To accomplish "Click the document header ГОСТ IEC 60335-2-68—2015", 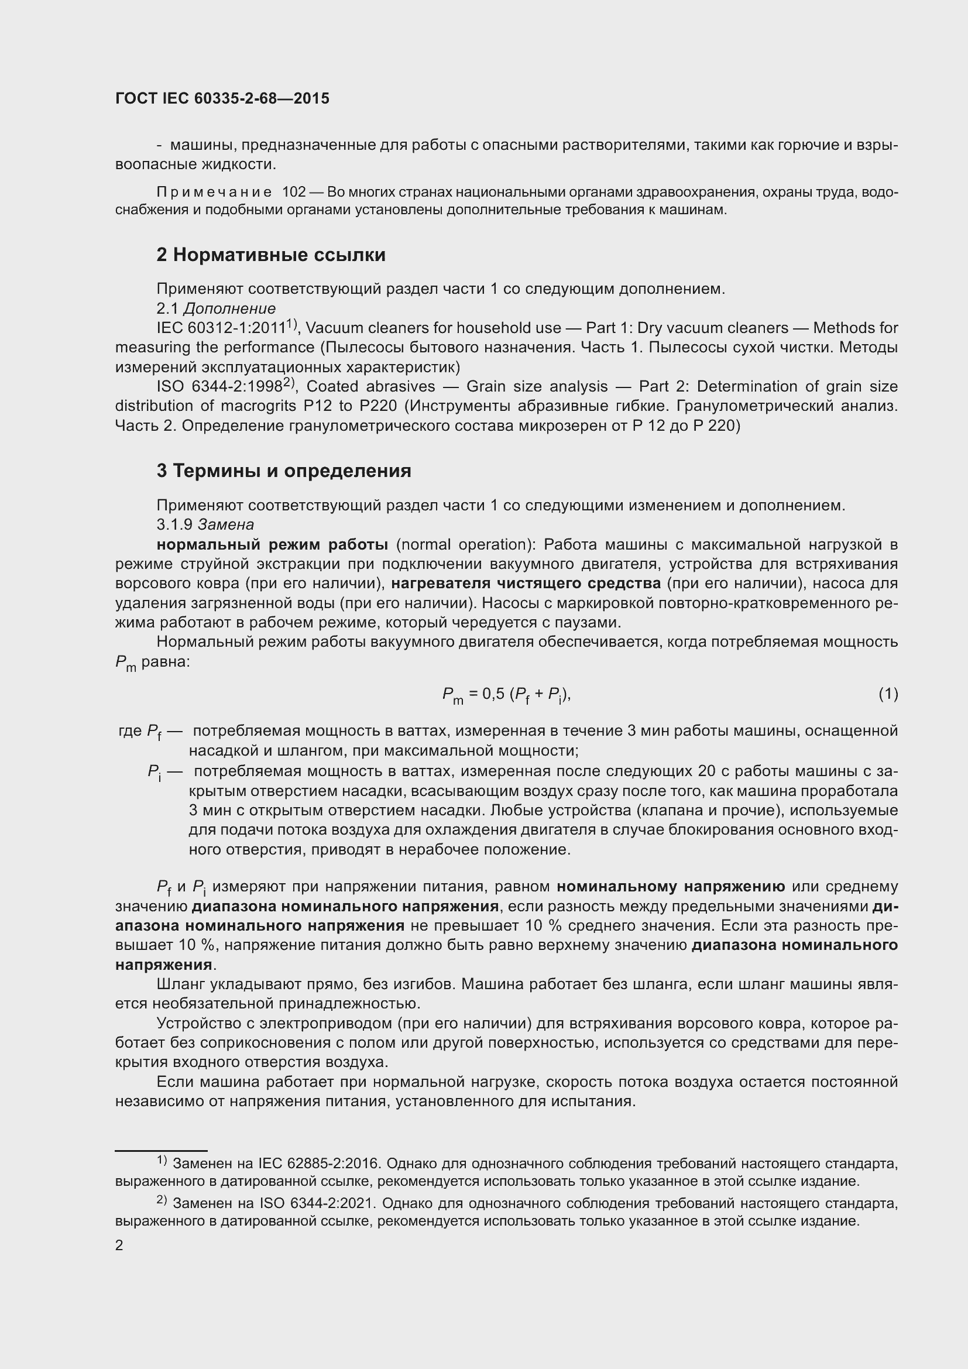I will click(x=222, y=99).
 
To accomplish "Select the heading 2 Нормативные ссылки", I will click(x=270, y=255).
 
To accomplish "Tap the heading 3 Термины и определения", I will click(x=284, y=471).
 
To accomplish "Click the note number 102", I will click(x=293, y=192).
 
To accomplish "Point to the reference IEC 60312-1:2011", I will click(x=221, y=328).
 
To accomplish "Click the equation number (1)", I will click(x=888, y=694).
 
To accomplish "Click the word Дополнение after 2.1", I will click(x=229, y=308).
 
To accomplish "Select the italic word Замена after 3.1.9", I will click(x=225, y=524).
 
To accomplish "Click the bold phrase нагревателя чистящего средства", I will click(x=526, y=583).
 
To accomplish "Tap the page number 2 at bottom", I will click(x=119, y=1246).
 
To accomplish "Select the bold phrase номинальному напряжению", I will click(x=671, y=887).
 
